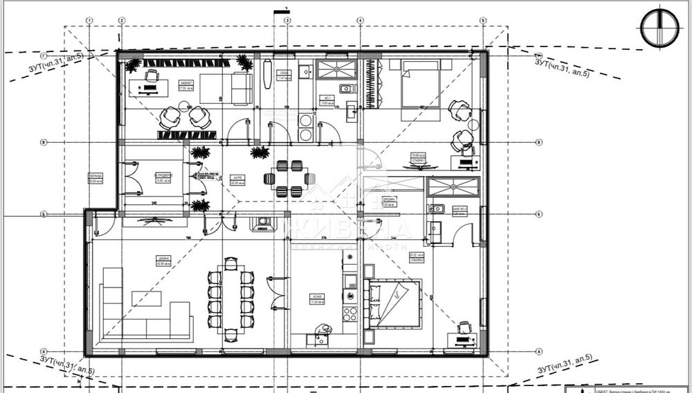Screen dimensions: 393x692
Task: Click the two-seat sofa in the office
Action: click(x=242, y=89)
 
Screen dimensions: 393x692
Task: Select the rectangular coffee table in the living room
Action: click(x=146, y=299)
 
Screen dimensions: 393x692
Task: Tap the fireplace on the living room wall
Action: click(x=262, y=224)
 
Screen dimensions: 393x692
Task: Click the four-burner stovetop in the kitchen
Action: click(x=350, y=313)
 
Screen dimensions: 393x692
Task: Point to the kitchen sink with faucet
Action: click(x=349, y=281)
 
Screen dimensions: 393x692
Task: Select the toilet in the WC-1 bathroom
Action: click(x=345, y=88)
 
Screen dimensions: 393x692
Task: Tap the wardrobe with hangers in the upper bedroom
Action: click(x=372, y=84)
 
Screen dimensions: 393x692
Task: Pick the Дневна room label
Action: click(x=160, y=261)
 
